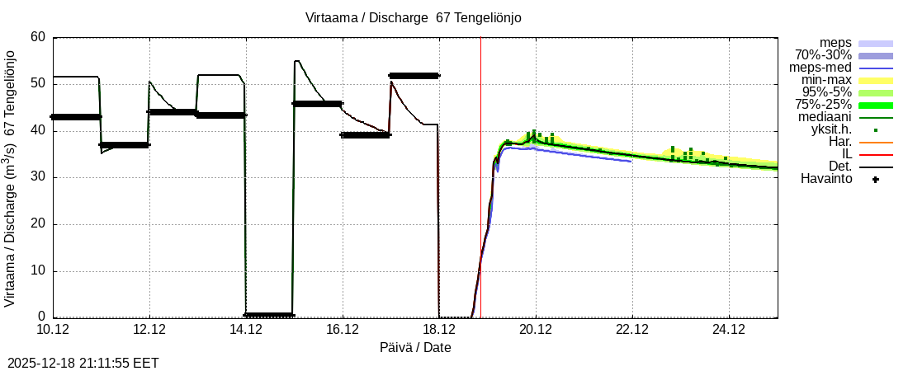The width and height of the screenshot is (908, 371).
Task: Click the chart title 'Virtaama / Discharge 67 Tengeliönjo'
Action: (414, 17)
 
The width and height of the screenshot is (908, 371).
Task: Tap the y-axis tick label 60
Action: (38, 37)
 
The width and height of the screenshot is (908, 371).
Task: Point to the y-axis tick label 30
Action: (38, 177)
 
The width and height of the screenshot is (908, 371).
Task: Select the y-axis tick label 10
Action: (38, 271)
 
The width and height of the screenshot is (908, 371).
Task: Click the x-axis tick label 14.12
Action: (246, 330)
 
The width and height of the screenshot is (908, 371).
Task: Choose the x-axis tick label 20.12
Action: (536, 330)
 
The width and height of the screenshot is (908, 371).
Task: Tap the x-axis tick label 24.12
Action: (729, 330)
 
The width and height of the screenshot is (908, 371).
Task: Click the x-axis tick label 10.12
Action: (53, 330)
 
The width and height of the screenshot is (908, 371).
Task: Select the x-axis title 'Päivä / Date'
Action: (415, 347)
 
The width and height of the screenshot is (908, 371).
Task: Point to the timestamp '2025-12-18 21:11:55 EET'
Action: (83, 363)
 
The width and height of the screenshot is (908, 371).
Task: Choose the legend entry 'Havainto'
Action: (826, 179)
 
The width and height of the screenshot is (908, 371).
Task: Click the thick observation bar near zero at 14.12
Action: (269, 315)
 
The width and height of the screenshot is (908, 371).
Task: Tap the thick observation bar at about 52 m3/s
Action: (414, 75)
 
